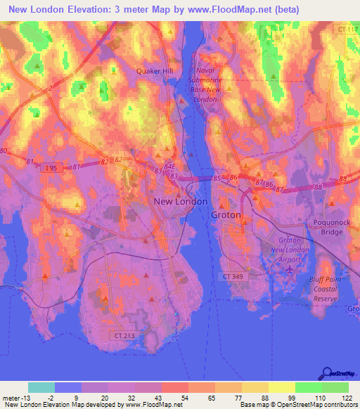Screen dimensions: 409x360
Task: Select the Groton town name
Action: click(226, 215)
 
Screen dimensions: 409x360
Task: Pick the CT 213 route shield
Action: click(124, 336)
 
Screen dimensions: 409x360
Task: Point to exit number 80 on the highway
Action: click(4, 151)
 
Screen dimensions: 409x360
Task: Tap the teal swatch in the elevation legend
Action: click(41, 387)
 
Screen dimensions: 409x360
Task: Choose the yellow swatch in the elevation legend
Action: click(281, 387)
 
